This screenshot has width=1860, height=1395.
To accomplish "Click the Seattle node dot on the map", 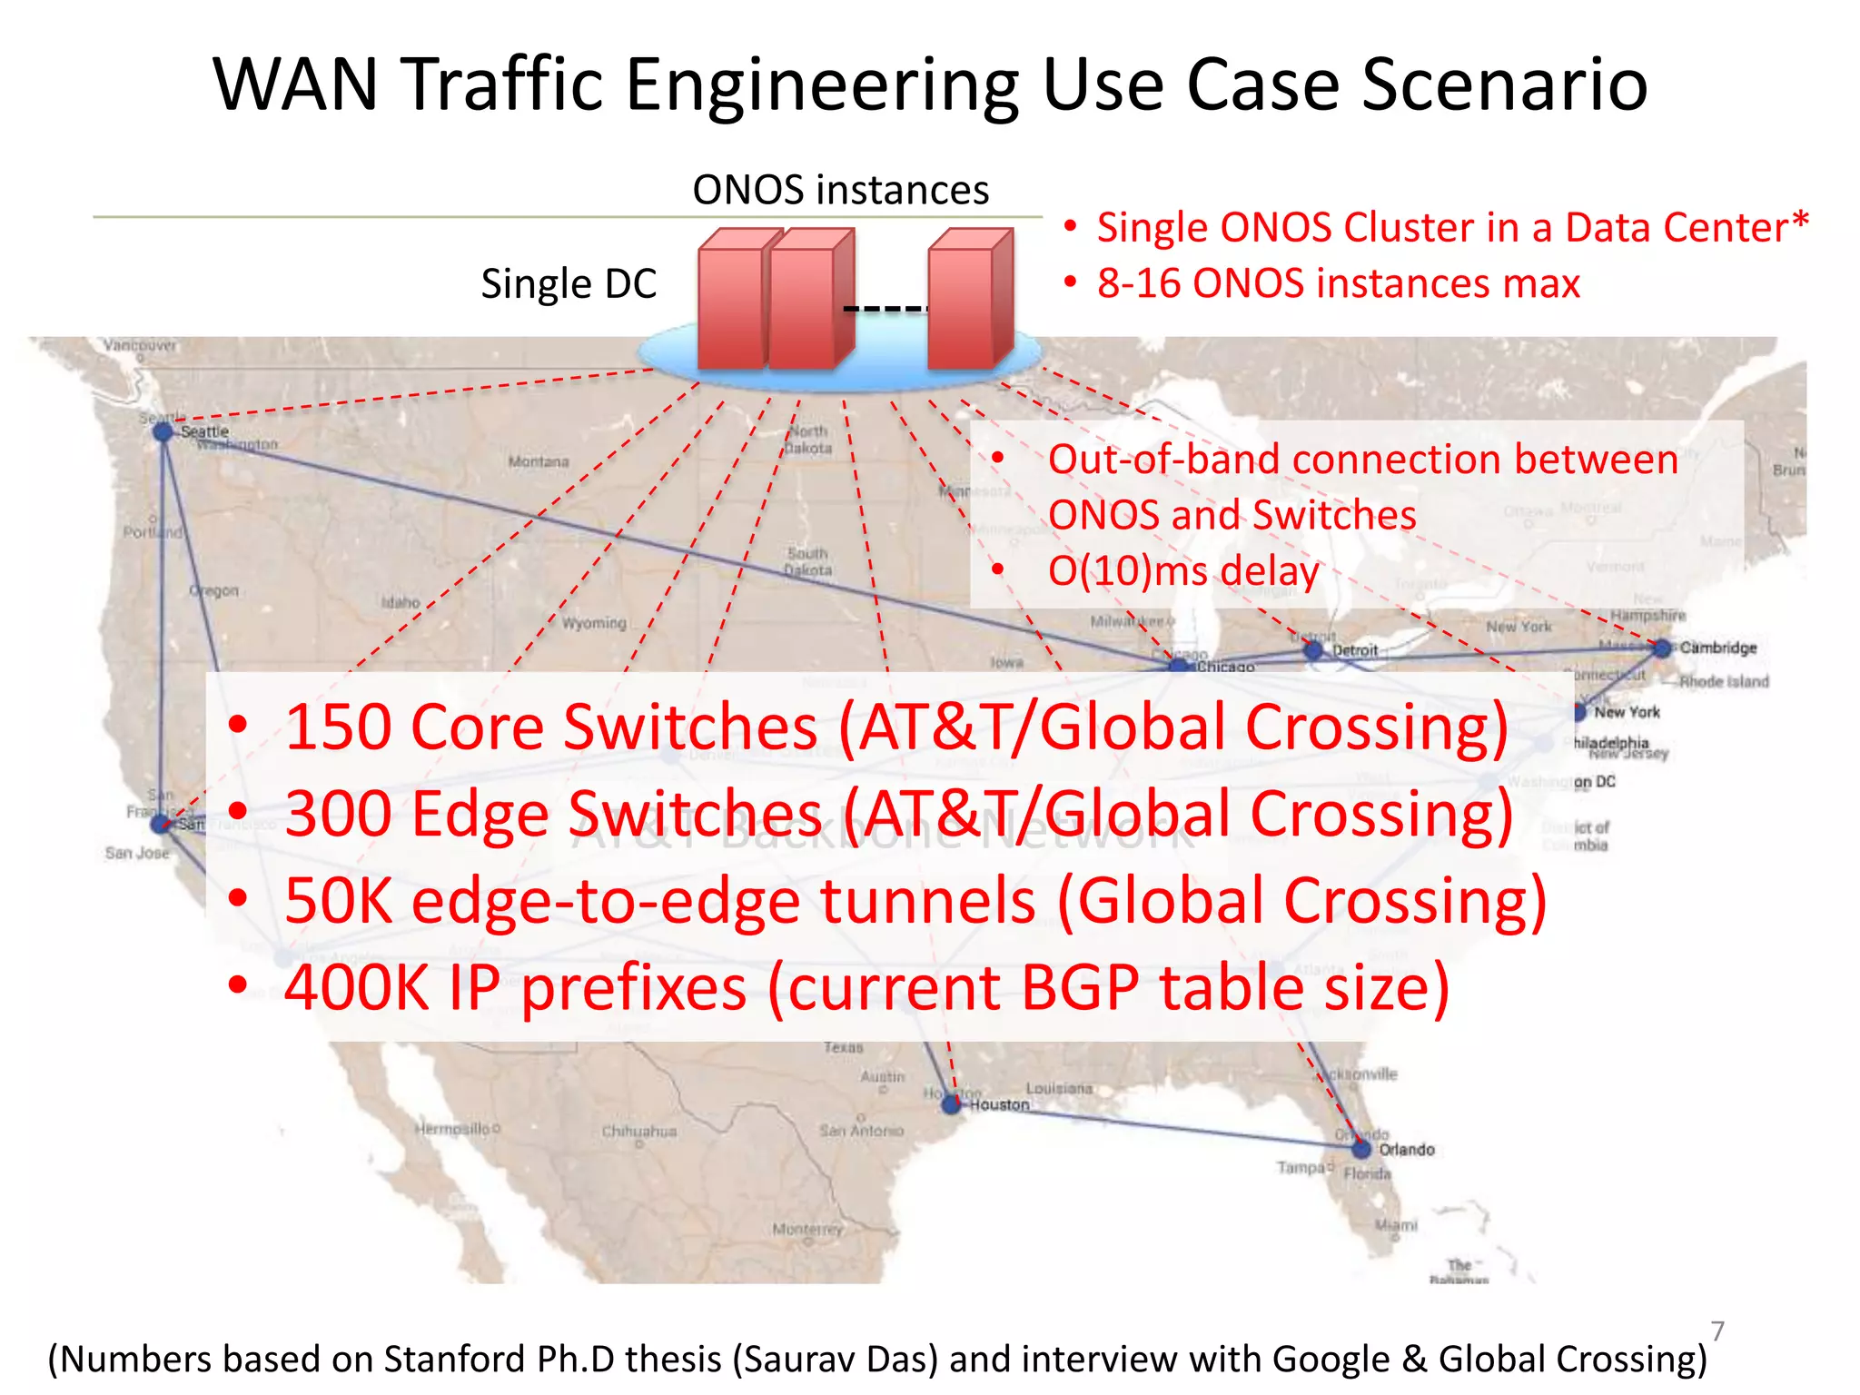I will coord(163,432).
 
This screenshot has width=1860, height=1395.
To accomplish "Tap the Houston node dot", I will coord(951,1104).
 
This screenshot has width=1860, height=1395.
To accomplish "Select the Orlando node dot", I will coord(1360,1149).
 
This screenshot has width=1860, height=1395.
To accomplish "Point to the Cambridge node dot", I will coord(1662,648).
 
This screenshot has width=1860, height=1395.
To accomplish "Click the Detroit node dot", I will coord(1312,650).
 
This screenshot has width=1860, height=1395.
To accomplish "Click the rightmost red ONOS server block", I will coord(968,300).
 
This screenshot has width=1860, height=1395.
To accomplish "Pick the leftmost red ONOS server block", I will coord(732,300).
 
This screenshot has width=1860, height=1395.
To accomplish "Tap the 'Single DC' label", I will coord(569,284).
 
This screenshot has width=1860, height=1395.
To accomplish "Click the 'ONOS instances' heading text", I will coord(840,191).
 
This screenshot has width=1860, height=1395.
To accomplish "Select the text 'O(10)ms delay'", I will coord(1182,571).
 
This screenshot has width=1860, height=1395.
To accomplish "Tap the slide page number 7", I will coord(1717,1331).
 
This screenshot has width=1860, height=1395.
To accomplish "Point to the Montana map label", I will coord(539,461).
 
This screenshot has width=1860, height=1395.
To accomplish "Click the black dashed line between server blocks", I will coord(885,310).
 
